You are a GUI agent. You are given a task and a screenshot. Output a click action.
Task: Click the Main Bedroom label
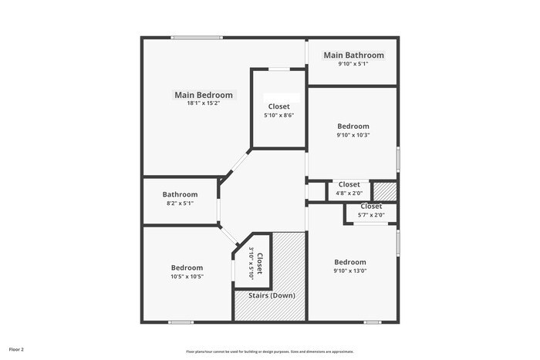[203, 95]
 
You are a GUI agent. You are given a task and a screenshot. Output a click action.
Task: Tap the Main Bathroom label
[353, 56]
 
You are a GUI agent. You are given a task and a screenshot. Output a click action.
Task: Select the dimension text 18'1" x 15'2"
[203, 104]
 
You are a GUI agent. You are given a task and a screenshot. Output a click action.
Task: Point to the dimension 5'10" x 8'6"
[280, 115]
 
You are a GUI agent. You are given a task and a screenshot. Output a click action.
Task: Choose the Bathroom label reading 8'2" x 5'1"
[180, 194]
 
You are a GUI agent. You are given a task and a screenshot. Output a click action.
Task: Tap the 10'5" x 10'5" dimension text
[187, 276]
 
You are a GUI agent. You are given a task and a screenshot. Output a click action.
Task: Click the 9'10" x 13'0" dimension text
[349, 271]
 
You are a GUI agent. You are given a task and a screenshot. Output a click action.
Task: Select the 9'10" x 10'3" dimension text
[353, 135]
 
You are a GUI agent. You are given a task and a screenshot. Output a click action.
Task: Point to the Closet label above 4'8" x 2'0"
[349, 184]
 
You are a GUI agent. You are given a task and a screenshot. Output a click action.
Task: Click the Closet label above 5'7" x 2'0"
[371, 207]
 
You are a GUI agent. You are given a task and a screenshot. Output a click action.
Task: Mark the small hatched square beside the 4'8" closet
[384, 190]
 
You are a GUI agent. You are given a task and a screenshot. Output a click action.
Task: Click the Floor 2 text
[16, 349]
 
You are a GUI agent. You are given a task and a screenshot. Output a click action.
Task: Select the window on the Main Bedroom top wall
[197, 37]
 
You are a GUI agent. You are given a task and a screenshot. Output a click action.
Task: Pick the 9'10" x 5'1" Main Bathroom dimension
[353, 64]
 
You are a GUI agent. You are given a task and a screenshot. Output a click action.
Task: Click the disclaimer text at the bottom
[269, 351]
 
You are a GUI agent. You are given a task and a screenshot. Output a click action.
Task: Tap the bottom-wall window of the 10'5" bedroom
[181, 321]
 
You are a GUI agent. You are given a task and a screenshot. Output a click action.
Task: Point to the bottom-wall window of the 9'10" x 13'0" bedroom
[373, 321]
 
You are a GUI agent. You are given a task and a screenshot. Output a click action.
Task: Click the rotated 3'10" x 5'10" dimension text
[251, 263]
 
